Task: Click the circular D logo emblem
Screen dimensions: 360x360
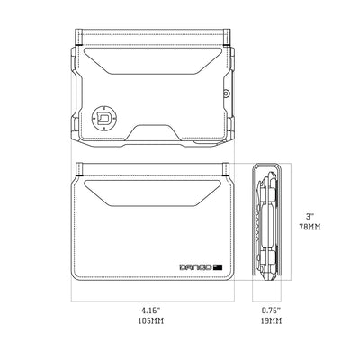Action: click(104, 116)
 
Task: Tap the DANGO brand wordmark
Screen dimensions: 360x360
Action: click(193, 265)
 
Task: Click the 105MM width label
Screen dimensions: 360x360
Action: click(150, 320)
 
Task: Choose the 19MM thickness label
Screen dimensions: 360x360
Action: click(266, 320)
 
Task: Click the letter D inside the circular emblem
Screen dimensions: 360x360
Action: click(104, 116)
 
